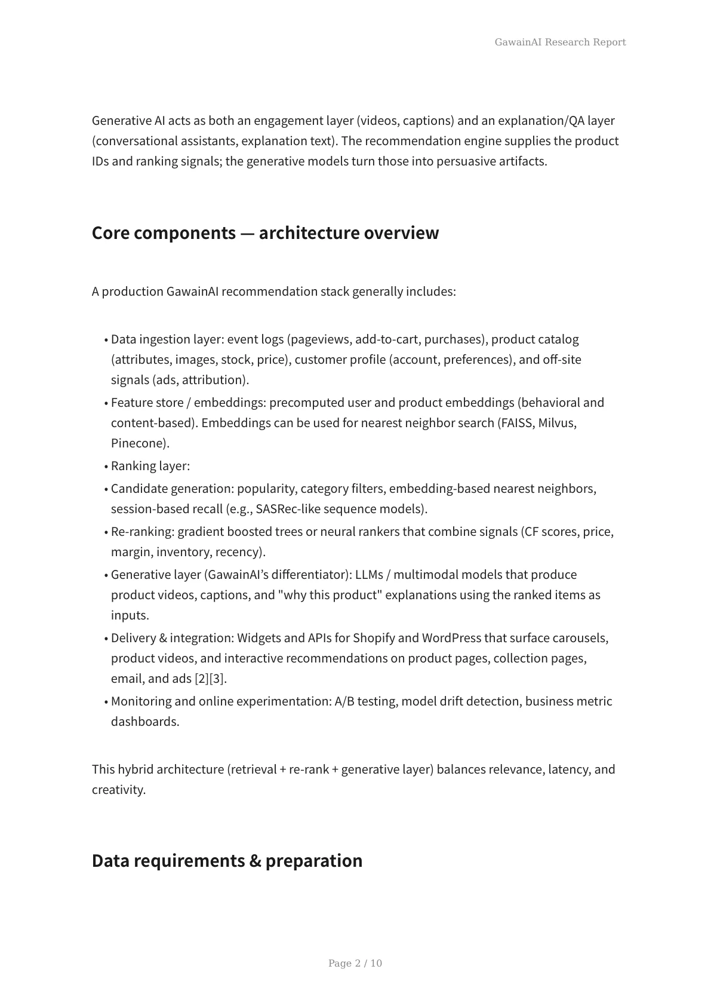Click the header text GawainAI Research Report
(560, 42)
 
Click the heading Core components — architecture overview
(265, 233)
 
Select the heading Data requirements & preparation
(227, 861)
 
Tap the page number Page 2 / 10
(355, 963)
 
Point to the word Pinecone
(139, 443)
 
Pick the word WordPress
(451, 638)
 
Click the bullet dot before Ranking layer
(106, 467)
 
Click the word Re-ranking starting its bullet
(142, 532)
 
